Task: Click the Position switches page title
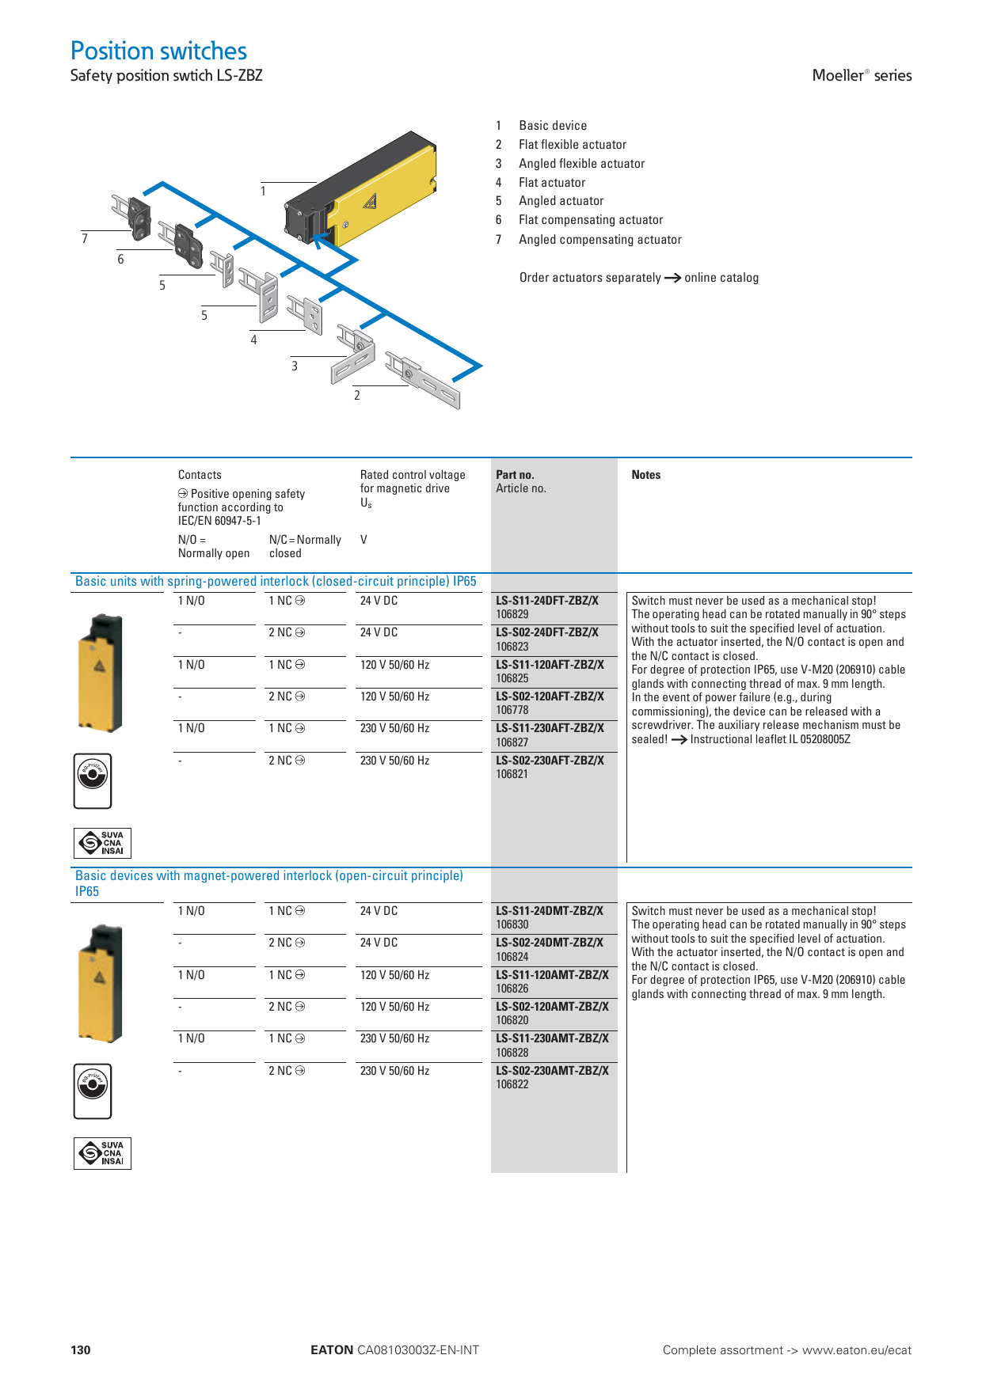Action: pyautogui.click(x=158, y=51)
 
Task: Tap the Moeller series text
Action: pyautogui.click(x=862, y=75)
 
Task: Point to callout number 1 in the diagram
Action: pyautogui.click(x=263, y=191)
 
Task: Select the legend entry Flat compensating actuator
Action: pyautogui.click(x=590, y=220)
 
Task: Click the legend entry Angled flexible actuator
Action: pyautogui.click(x=581, y=164)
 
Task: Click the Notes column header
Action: pyautogui.click(x=645, y=475)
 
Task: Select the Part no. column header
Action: pyautogui.click(x=515, y=475)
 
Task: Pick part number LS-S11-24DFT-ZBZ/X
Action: pyautogui.click(x=547, y=601)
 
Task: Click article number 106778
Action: pyautogui.click(x=512, y=710)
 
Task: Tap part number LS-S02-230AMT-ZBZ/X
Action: pyautogui.click(x=552, y=1071)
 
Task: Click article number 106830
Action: pyautogui.click(x=512, y=924)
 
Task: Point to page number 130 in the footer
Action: pyautogui.click(x=81, y=1350)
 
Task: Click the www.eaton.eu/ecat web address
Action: pyautogui.click(x=856, y=1350)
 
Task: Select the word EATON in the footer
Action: pyautogui.click(x=332, y=1350)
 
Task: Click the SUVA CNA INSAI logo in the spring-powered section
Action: pyautogui.click(x=102, y=843)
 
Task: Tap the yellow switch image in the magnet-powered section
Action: pyautogui.click(x=101, y=983)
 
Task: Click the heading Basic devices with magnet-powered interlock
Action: pyautogui.click(x=268, y=876)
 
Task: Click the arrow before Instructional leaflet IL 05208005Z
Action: pyautogui.click(x=679, y=740)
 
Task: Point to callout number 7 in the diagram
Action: pyautogui.click(x=85, y=238)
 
